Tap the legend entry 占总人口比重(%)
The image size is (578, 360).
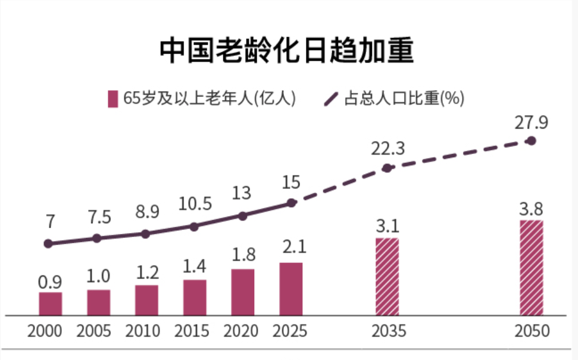point(395,99)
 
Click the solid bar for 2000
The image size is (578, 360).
point(51,303)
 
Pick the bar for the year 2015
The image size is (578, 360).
point(195,298)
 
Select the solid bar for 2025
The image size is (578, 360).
point(291,289)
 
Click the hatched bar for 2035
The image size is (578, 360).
point(387,277)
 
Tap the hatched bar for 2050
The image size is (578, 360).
point(532,268)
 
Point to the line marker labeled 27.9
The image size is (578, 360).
point(532,141)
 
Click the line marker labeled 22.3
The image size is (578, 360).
point(387,168)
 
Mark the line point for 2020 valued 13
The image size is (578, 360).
point(243,215)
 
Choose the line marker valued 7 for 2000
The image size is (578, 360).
point(49,243)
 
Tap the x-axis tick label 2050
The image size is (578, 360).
point(532,331)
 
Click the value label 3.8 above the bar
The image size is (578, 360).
point(532,209)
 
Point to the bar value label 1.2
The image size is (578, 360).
point(146,273)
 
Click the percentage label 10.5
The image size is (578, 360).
point(195,204)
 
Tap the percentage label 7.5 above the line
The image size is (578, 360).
point(98,217)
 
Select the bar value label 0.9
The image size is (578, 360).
point(51,281)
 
